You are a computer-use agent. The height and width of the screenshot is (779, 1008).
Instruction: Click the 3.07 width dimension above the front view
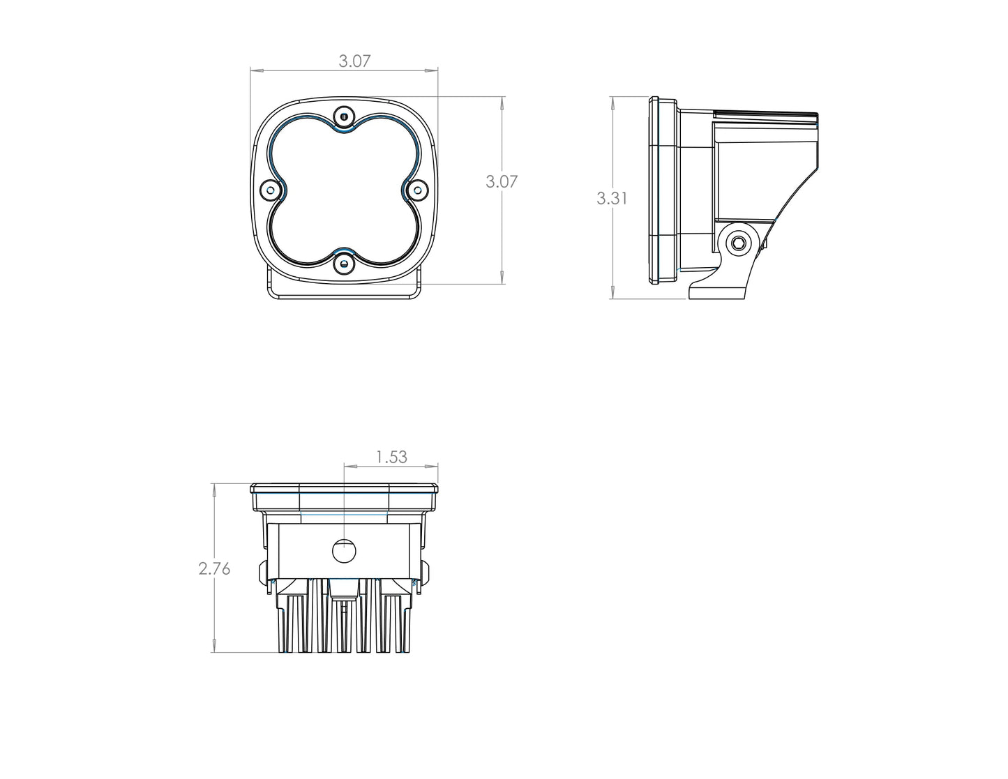pos(354,61)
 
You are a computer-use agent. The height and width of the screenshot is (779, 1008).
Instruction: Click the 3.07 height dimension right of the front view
pos(502,182)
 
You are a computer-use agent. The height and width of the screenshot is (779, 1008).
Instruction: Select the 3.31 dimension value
pos(612,199)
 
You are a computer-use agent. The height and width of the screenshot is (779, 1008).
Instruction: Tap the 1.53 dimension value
pos(391,457)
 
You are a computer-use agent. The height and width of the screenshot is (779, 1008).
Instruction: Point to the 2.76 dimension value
pos(214,569)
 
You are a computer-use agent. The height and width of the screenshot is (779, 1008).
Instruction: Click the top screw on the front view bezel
pos(344,116)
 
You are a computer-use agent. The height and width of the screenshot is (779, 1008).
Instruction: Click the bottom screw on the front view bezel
pos(344,263)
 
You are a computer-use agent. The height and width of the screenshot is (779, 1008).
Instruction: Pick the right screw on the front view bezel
pos(417,190)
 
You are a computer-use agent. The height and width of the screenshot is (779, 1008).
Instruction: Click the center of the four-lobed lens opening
pos(344,190)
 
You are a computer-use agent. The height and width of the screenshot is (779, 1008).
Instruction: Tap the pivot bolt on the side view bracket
pos(737,243)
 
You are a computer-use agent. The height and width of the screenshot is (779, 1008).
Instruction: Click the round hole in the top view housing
pos(344,551)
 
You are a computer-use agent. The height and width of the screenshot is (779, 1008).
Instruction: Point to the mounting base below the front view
pos(344,292)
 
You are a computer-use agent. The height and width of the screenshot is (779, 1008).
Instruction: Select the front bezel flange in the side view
pos(654,190)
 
